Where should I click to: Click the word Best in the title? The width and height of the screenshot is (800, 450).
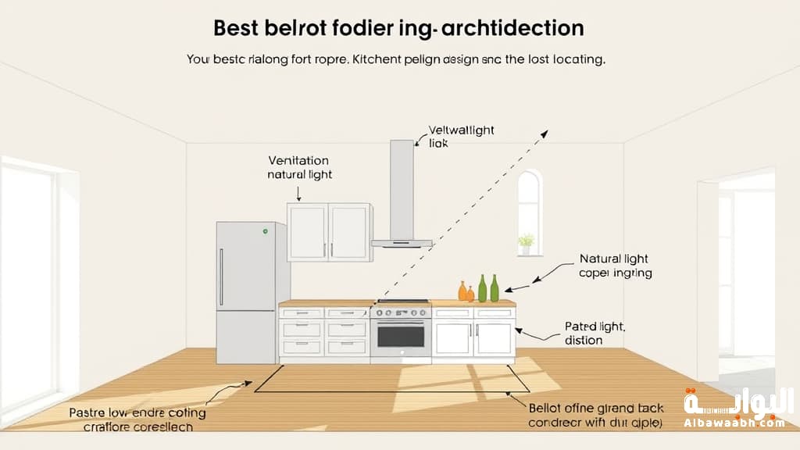(x=238, y=29)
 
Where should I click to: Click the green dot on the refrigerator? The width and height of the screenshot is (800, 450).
(x=266, y=231)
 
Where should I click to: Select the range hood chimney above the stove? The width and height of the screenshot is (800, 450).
(x=402, y=187)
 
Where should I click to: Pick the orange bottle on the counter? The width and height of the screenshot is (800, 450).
(x=462, y=291)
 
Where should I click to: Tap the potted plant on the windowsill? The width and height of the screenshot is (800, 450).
(x=527, y=243)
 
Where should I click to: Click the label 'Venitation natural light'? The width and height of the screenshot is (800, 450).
(x=300, y=166)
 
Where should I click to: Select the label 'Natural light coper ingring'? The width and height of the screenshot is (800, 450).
(x=615, y=266)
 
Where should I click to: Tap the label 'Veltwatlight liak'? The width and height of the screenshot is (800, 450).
(x=461, y=137)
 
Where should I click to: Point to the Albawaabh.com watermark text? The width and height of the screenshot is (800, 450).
(x=734, y=423)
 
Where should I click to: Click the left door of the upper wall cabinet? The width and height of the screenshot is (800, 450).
(x=307, y=231)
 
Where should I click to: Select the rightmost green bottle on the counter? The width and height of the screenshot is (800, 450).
(x=495, y=288)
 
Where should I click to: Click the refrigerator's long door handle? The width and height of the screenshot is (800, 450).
(x=222, y=277)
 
